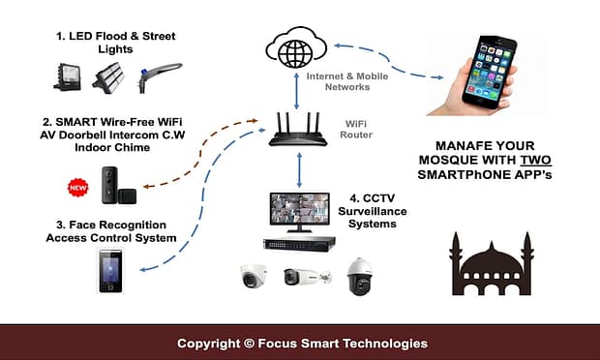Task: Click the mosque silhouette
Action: point(491,266)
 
